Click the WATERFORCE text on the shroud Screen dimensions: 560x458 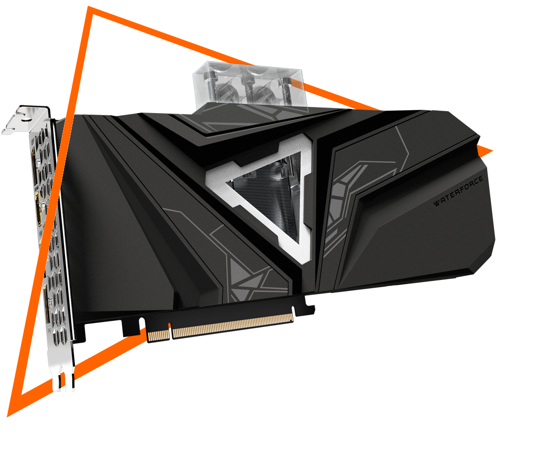[458, 191]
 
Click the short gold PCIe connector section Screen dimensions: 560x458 [158, 335]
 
